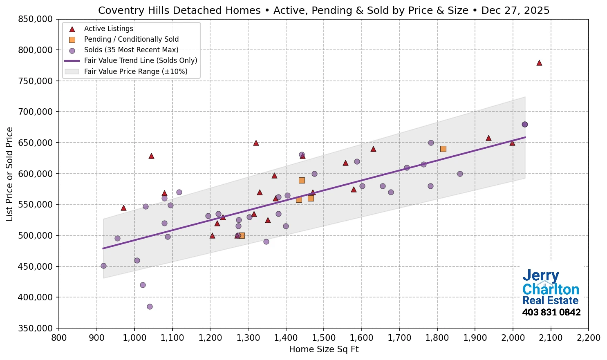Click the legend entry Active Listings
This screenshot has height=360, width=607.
pyautogui.click(x=108, y=29)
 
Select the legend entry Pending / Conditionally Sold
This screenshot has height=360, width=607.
pyautogui.click(x=131, y=39)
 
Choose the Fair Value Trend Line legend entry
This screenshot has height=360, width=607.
pyautogui.click(x=140, y=60)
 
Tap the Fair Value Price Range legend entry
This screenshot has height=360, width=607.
pyautogui.click(x=135, y=72)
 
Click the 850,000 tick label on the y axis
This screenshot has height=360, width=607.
pyautogui.click(x=36, y=19)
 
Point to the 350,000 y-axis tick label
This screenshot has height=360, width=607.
pyautogui.click(x=36, y=328)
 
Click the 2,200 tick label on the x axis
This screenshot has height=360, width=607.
pyautogui.click(x=588, y=338)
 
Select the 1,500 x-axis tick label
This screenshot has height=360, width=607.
pyautogui.click(x=323, y=338)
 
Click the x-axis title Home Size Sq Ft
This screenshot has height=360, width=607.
pyautogui.click(x=323, y=349)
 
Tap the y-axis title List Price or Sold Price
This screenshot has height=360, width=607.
pyautogui.click(x=10, y=174)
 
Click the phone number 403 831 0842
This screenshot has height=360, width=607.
pyautogui.click(x=551, y=313)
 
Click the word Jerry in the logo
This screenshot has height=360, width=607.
pyautogui.click(x=541, y=276)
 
